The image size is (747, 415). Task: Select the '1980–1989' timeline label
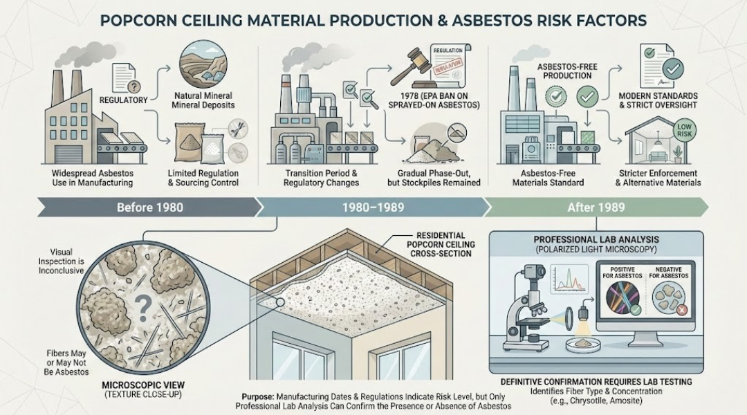pyautogui.click(x=373, y=207)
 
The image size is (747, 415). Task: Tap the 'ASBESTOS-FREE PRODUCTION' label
pyautogui.click(x=567, y=72)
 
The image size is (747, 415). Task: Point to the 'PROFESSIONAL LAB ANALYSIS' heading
pyautogui.click(x=596, y=239)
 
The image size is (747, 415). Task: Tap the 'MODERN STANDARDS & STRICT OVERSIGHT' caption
pyautogui.click(x=658, y=100)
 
